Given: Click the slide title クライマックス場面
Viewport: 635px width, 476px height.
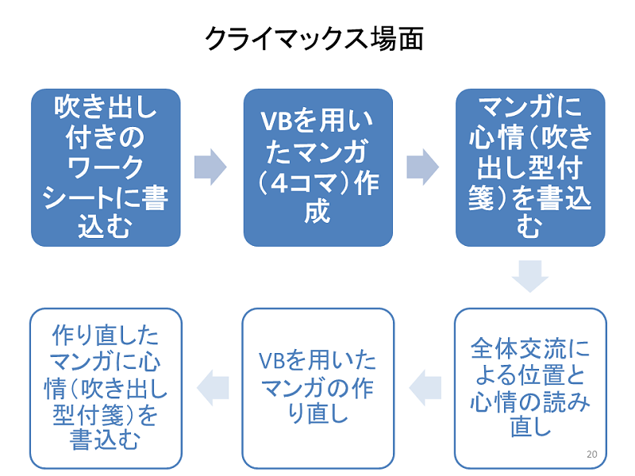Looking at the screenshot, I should tap(314, 39).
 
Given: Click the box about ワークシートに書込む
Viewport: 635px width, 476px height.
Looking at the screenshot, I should tap(106, 167).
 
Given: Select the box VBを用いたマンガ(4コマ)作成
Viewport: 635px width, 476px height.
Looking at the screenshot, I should tap(317, 167).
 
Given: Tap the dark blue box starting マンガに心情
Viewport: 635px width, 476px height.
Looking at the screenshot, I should tap(530, 167).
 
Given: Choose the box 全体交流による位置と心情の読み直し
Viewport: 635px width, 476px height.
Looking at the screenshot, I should tap(530, 388).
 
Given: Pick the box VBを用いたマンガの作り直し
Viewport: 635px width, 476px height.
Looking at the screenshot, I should tap(317, 388).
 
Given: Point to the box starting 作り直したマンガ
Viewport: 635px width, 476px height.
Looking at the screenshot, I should tap(106, 388).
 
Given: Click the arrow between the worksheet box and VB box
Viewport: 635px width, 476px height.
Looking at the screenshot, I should tap(210, 167).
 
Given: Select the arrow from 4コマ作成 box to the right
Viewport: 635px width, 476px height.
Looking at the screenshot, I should tap(423, 167).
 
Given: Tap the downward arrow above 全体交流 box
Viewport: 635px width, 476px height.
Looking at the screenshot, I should tap(530, 275).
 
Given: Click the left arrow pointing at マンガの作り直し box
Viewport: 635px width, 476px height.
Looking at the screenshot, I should tap(424, 387).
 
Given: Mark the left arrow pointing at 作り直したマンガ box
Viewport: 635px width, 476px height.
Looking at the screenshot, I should tap(212, 387).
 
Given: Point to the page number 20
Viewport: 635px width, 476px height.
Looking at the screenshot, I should tap(591, 454).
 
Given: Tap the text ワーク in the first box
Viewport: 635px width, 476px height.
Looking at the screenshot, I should tap(106, 167).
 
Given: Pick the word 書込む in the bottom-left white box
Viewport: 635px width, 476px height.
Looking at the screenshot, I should tap(106, 439).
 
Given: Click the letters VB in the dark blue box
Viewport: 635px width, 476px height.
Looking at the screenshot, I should tap(277, 123).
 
